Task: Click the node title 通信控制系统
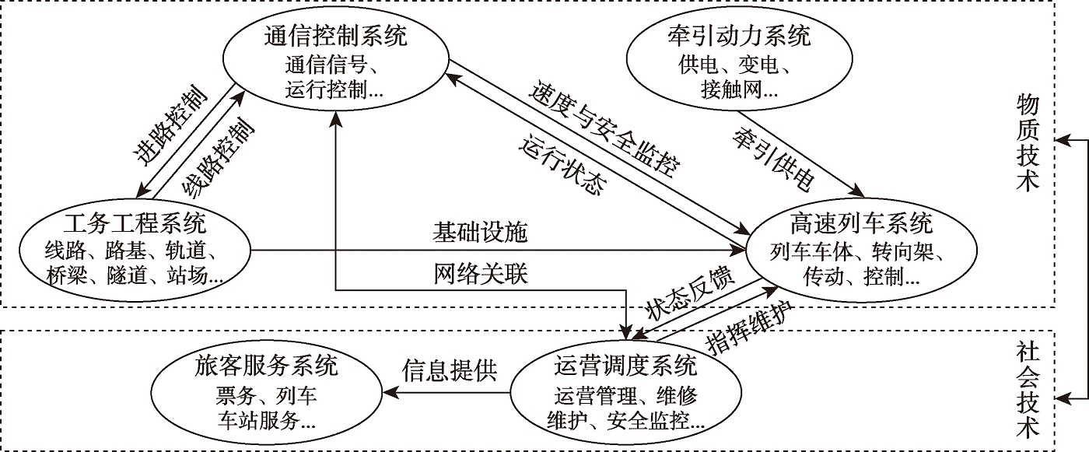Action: click(x=336, y=37)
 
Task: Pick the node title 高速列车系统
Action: click(x=860, y=226)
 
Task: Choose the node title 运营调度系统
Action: click(x=627, y=366)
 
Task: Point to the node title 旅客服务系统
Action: click(x=266, y=366)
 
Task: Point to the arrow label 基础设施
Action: click(x=480, y=233)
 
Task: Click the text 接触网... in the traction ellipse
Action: click(x=728, y=90)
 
